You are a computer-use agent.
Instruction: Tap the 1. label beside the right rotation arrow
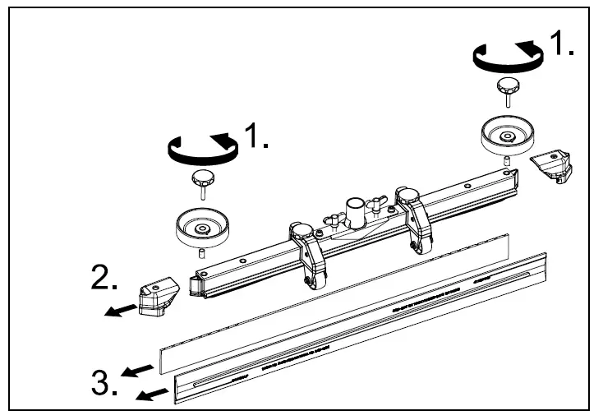[562, 44]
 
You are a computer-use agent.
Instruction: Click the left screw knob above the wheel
[202, 179]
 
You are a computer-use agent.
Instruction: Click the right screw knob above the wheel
[508, 87]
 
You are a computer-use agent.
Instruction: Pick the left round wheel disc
[201, 223]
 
